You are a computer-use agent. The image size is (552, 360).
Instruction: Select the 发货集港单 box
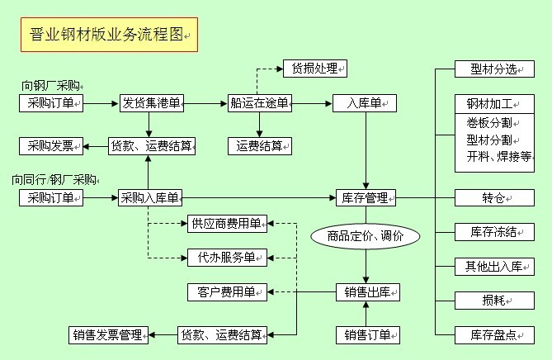point(151,103)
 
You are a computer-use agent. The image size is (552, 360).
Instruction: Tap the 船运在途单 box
point(260,103)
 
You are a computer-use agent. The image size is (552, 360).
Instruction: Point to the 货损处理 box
point(314,69)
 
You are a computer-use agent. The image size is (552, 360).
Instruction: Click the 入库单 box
point(365,103)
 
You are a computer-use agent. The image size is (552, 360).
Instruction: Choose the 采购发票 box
point(50,147)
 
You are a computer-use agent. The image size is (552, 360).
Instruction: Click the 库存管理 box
point(365,197)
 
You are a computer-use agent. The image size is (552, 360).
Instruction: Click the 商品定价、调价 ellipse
point(365,236)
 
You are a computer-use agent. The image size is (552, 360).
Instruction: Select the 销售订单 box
point(367,334)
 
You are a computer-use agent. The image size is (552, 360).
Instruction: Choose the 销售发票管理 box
point(108,334)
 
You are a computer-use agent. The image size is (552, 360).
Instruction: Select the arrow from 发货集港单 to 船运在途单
point(205,103)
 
